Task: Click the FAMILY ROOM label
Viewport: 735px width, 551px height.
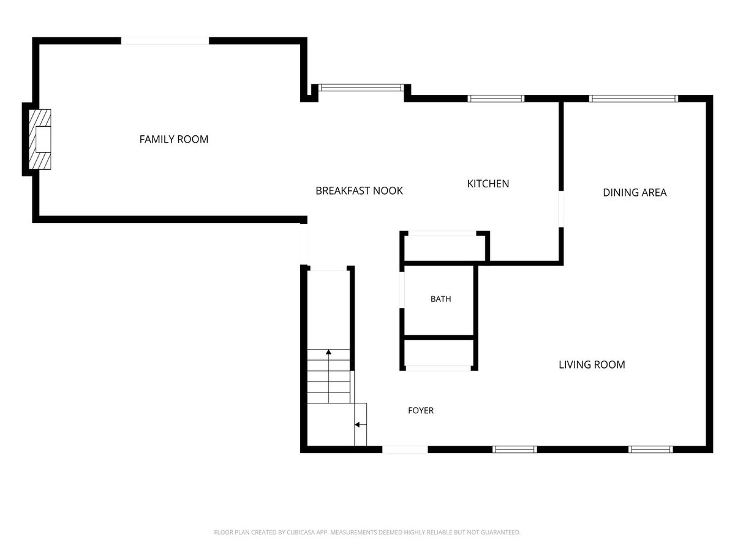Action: (174, 139)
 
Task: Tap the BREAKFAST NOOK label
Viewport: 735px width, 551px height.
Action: (359, 190)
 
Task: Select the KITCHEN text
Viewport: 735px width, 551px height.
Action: (488, 184)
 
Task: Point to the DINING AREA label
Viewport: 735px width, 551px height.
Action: (635, 192)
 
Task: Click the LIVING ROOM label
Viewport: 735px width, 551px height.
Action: (592, 365)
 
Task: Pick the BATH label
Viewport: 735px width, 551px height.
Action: (440, 299)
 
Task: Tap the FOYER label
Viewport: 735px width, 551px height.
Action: (421, 410)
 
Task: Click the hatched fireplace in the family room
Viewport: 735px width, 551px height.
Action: (40, 139)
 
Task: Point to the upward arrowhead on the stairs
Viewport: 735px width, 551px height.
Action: (328, 352)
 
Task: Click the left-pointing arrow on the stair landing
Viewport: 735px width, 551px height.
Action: (361, 424)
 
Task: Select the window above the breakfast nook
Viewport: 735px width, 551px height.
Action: (361, 88)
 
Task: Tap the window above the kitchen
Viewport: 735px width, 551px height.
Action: (496, 99)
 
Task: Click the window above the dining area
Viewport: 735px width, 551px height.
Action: (633, 99)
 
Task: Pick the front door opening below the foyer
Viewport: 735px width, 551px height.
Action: (405, 449)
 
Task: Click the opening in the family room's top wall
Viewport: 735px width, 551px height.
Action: (165, 41)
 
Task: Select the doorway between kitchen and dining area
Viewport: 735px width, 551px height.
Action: (561, 209)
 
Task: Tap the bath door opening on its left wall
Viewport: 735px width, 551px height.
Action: (402, 290)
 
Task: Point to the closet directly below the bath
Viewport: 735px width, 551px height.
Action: (439, 353)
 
